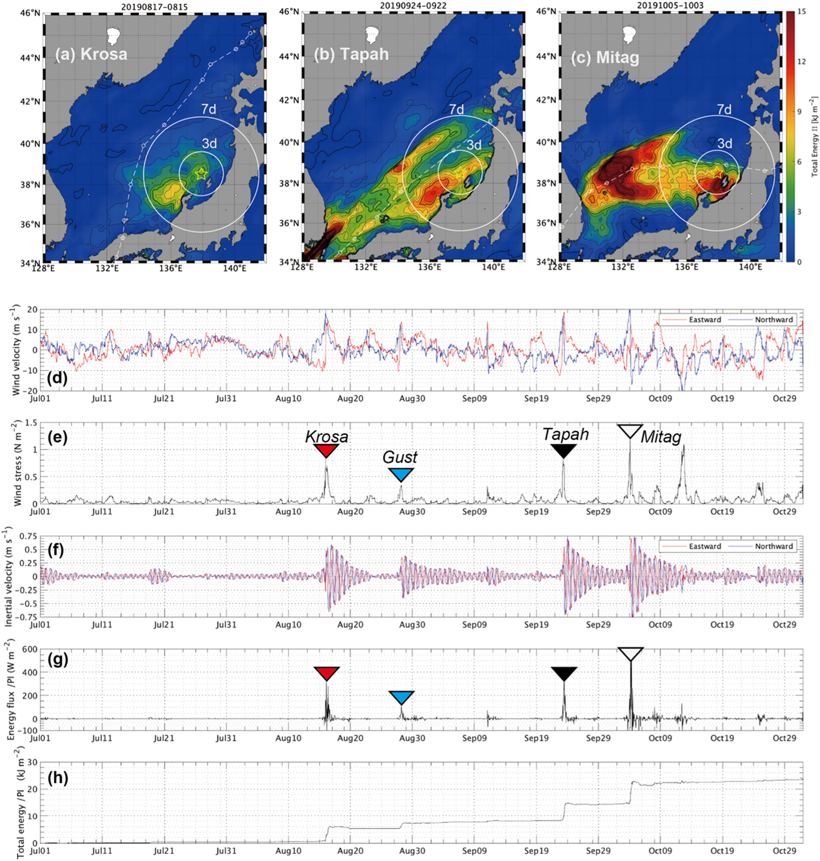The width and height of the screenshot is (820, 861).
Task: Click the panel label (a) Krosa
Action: [91, 54]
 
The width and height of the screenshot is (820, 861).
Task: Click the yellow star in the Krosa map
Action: [201, 174]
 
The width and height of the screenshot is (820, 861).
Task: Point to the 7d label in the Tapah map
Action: [457, 110]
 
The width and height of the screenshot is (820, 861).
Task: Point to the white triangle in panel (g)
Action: [630, 654]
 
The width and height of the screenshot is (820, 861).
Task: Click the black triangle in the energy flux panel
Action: [564, 674]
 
